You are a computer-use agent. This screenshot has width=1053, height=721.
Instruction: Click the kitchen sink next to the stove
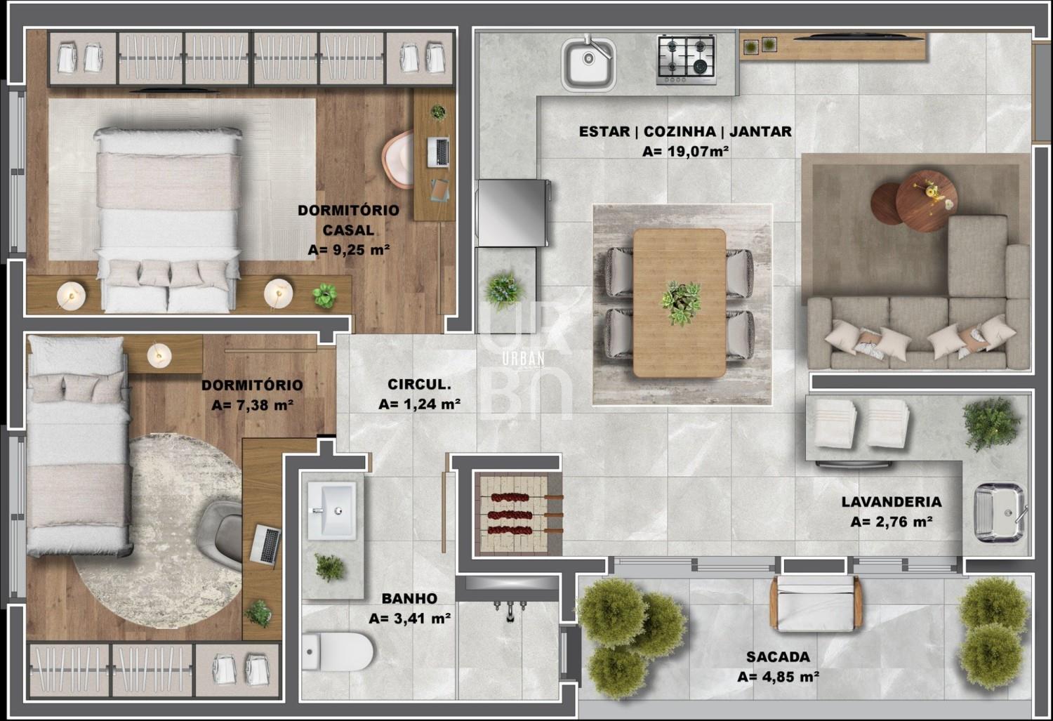pos(588,63)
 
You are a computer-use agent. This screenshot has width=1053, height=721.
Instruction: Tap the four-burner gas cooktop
pos(687,60)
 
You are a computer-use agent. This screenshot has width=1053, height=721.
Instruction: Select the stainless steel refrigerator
pos(512,213)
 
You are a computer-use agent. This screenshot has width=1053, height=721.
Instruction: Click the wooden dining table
pos(680,303)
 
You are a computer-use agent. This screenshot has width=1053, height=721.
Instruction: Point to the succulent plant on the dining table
pos(681,302)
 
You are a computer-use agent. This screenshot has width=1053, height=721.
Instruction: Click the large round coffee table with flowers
pos(926,201)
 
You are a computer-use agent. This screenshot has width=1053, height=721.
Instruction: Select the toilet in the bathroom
pos(337,651)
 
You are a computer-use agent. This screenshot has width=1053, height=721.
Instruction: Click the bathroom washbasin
pos(331,510)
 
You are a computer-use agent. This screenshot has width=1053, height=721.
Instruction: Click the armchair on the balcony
pos(816,603)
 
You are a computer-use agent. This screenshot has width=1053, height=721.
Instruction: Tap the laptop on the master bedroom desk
pos(438,152)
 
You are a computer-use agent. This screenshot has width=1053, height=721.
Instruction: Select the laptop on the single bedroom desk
pos(265,545)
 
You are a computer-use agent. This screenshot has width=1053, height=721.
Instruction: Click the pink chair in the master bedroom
pos(398,159)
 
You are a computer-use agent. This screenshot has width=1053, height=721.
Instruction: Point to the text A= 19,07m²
pos(685,152)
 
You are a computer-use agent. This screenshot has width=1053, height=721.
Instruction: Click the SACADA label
pos(778,656)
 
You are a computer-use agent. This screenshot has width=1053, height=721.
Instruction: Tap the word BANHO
pos(409,598)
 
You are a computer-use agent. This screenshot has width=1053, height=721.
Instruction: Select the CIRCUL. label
pos(419,385)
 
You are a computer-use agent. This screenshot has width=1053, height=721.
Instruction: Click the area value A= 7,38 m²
pos(253,404)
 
